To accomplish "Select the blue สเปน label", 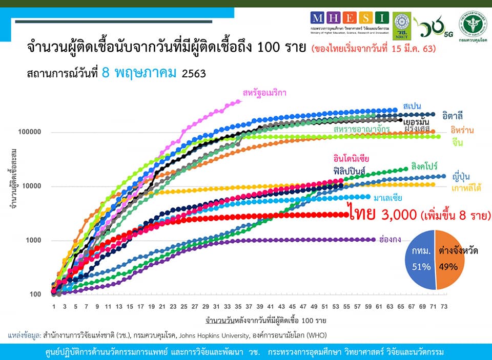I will (413, 105).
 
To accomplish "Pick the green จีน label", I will (458, 143).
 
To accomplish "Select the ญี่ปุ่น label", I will (463, 176).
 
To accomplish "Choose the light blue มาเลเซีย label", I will (387, 198).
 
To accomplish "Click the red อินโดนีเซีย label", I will (351, 158).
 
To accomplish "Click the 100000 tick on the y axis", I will (29, 132).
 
